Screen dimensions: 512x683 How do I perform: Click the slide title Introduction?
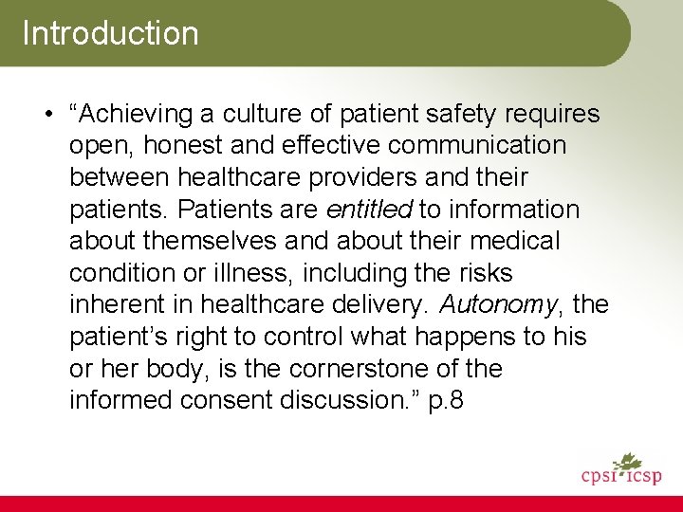(110, 33)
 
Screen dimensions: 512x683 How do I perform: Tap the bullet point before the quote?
(46, 115)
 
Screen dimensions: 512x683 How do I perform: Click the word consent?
(227, 401)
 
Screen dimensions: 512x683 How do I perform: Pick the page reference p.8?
(446, 401)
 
